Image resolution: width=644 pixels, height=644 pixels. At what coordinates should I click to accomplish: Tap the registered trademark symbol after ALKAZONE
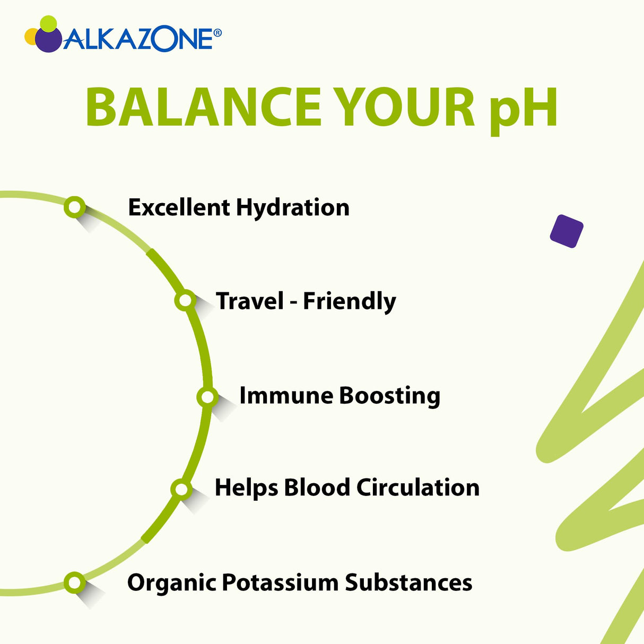217,33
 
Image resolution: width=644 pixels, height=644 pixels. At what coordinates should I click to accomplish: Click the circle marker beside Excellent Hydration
74,206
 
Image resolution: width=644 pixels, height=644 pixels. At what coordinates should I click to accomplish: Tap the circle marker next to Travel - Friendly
185,301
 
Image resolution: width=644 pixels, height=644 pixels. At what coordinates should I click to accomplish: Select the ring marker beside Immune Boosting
207,396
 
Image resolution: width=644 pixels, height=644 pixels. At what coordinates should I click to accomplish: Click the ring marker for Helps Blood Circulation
181,489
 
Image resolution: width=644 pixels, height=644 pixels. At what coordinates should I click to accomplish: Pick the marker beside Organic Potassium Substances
74,582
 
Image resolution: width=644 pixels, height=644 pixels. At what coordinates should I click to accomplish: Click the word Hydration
292,208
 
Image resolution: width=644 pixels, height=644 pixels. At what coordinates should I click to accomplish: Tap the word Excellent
178,207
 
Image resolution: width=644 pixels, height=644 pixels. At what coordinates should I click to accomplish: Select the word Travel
250,301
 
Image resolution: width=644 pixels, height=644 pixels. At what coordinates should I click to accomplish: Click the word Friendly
349,302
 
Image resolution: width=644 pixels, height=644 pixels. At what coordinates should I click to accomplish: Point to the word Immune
286,396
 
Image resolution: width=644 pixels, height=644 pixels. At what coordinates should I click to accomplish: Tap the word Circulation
418,488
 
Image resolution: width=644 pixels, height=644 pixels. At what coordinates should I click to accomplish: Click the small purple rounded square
567,231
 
